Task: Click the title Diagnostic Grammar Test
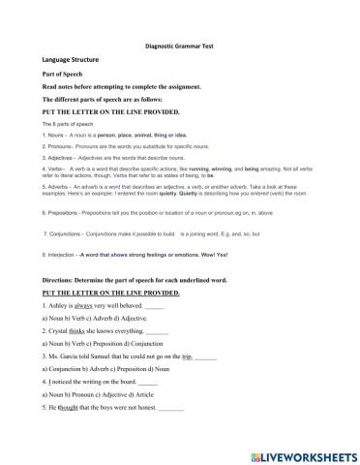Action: pyautogui.click(x=180, y=45)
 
